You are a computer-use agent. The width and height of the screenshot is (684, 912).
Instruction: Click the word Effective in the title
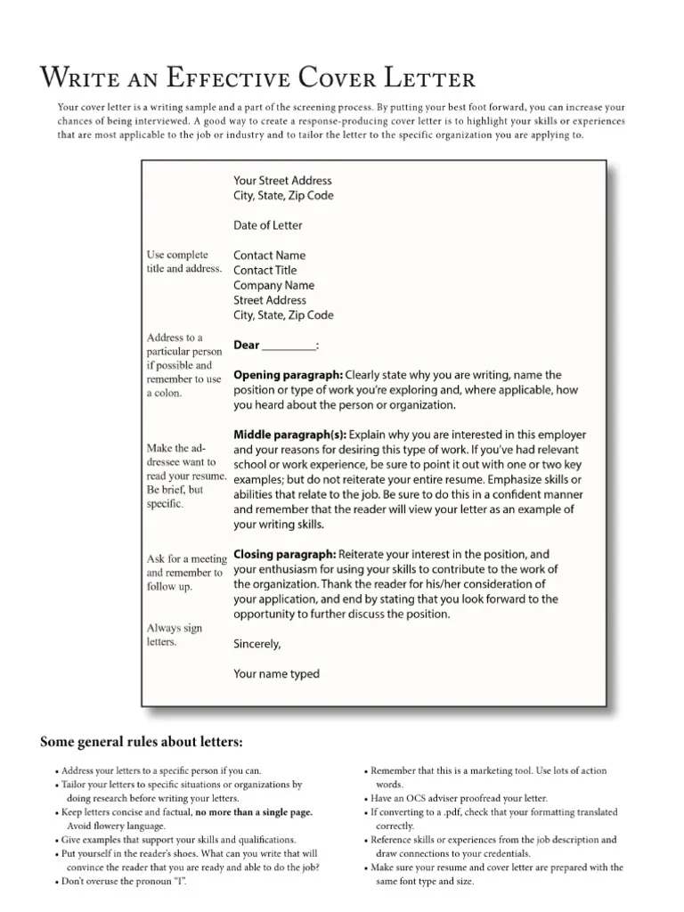(x=208, y=78)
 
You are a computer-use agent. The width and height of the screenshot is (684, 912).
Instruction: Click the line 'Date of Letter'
(x=267, y=225)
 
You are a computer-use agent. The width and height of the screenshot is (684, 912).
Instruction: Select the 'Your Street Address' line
(x=282, y=181)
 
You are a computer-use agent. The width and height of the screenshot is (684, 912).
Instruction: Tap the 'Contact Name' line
(x=269, y=256)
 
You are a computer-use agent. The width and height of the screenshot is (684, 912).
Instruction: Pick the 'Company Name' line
(x=273, y=286)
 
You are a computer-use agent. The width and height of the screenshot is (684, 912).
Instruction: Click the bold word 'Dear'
(x=247, y=346)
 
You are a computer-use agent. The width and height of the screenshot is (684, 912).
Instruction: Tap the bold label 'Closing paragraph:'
(x=284, y=554)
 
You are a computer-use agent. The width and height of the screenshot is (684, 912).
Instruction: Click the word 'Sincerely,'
(x=256, y=644)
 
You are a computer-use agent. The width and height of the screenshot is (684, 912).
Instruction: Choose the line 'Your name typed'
(x=276, y=674)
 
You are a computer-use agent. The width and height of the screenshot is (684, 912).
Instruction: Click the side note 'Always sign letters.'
(x=175, y=635)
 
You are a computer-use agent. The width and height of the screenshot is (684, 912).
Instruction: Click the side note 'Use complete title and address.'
(x=183, y=262)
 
